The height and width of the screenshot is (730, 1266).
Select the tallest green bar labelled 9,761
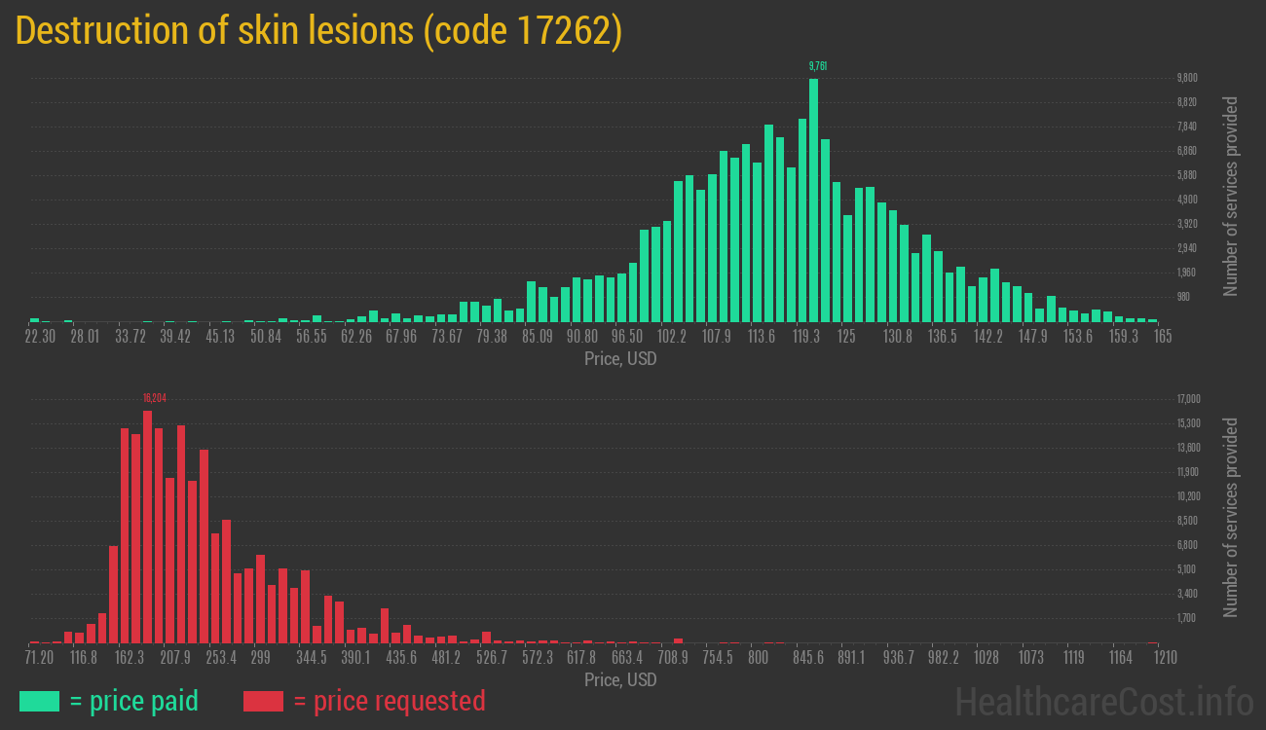pyautogui.click(x=813, y=200)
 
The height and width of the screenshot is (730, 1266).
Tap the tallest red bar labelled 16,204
pyautogui.click(x=147, y=526)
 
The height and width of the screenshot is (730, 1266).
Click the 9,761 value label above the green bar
pyautogui.click(x=818, y=66)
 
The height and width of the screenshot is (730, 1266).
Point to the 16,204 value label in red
pyautogui.click(x=153, y=398)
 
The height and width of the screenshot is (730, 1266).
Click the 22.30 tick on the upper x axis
pyautogui.click(x=40, y=337)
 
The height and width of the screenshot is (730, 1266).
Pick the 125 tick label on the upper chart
pyautogui.click(x=846, y=337)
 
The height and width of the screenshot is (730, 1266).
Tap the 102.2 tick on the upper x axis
pyautogui.click(x=672, y=337)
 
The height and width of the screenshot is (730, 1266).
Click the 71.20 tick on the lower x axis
pyautogui.click(x=40, y=658)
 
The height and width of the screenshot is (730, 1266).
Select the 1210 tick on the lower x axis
pyautogui.click(x=1166, y=658)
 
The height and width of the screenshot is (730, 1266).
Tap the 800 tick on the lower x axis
pyautogui.click(x=758, y=658)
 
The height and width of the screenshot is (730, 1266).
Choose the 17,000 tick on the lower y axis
pyautogui.click(x=1188, y=399)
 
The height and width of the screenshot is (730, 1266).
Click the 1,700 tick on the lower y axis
pyautogui.click(x=1186, y=618)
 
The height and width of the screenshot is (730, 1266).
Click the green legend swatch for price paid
pyautogui.click(x=39, y=701)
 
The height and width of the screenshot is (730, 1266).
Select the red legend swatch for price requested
pyautogui.click(x=263, y=701)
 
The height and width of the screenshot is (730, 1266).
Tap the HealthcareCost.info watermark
pyautogui.click(x=1102, y=701)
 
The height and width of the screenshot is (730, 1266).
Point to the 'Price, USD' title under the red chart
pyautogui.click(x=620, y=680)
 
